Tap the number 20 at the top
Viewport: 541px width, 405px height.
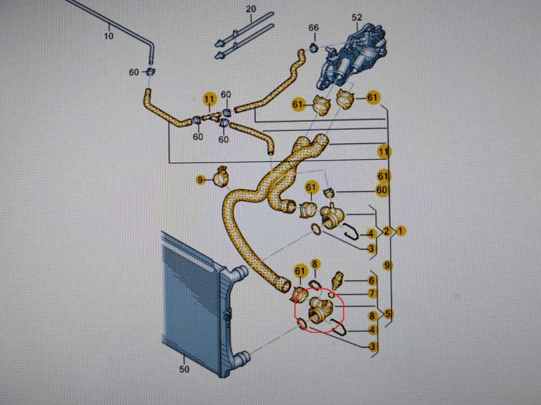(x=251, y=9)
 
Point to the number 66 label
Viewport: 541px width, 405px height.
(x=313, y=28)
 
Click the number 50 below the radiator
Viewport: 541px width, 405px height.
(x=184, y=369)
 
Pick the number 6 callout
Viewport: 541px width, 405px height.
(x=372, y=280)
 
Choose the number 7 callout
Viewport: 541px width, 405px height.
(x=372, y=293)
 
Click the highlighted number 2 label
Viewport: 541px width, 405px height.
(x=387, y=231)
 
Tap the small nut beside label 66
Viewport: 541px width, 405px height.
(x=313, y=47)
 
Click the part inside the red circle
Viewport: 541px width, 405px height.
(x=319, y=311)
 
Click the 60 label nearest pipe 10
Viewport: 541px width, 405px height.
(x=134, y=73)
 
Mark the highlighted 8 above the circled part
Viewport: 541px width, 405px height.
(x=316, y=264)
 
